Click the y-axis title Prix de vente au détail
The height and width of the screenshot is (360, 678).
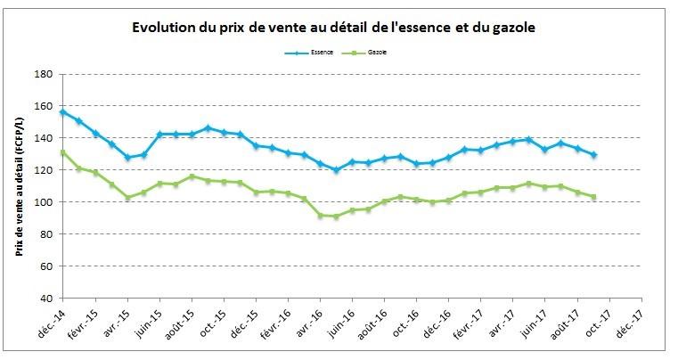click(19, 185)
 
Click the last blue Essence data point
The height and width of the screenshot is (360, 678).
click(593, 155)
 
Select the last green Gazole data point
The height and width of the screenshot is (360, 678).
click(593, 197)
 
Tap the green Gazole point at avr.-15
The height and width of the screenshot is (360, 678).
click(127, 198)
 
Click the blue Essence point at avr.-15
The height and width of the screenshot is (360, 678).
click(127, 158)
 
